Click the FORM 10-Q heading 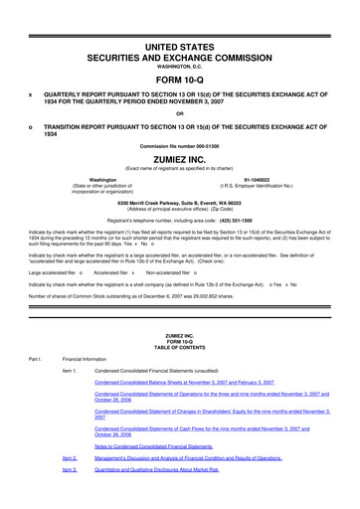(x=179, y=80)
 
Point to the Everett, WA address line (x=179, y=202)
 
